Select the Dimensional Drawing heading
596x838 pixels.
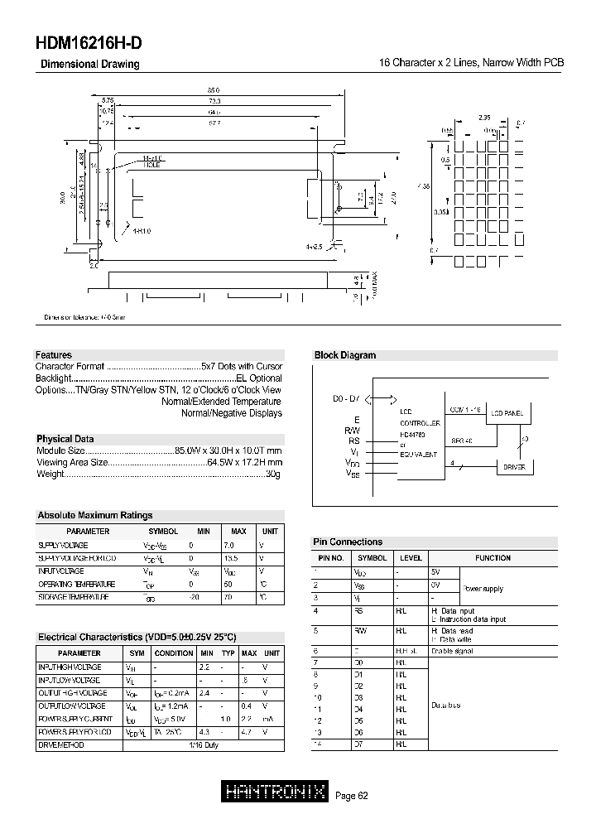pyautogui.click(x=90, y=65)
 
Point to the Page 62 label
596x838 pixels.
pyautogui.click(x=351, y=796)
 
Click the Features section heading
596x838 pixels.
pyautogui.click(x=53, y=355)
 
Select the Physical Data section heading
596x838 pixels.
pyautogui.click(x=65, y=439)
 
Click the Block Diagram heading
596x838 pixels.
pyautogui.click(x=344, y=355)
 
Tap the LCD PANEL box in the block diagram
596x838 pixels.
pyautogui.click(x=507, y=412)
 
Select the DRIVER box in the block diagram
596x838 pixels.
pyautogui.click(x=514, y=467)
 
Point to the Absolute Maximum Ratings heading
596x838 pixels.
pyautogui.click(x=94, y=515)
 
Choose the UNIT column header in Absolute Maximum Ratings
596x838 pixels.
pyautogui.click(x=271, y=532)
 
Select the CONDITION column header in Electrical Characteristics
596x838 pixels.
pyautogui.click(x=174, y=653)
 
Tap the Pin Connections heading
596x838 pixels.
pyautogui.click(x=348, y=542)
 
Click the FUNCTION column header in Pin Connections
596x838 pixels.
pyautogui.click(x=493, y=558)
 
